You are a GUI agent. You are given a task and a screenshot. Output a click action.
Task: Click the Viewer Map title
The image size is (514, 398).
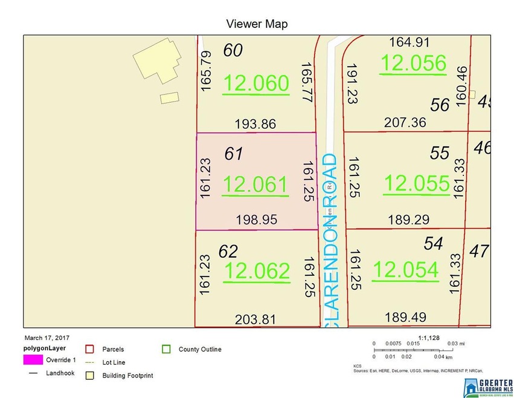(x=257, y=24)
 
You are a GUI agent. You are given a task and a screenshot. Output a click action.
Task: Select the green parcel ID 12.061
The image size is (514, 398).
(x=255, y=184)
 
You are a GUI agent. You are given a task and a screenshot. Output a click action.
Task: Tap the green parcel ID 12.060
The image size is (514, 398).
(x=255, y=84)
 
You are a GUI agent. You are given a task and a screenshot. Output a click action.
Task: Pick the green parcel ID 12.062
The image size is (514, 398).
(x=256, y=272)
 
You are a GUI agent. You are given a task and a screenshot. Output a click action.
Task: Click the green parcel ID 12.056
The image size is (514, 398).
(x=413, y=63)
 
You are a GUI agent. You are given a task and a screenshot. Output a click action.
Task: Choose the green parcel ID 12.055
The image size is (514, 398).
(x=417, y=183)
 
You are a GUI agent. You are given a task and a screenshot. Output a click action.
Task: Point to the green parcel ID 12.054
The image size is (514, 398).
(x=405, y=270)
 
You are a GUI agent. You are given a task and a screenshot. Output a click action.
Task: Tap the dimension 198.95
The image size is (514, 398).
(x=257, y=220)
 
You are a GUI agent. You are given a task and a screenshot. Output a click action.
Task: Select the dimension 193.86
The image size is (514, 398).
(x=255, y=124)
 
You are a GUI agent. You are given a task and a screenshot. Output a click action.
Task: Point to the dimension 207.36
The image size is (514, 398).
(x=405, y=122)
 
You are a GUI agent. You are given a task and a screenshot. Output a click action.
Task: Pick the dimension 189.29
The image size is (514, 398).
(x=405, y=220)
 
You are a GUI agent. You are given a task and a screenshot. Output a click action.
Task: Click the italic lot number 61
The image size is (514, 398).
(x=233, y=154)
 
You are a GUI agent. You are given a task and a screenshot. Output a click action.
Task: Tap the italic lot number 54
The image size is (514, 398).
(x=433, y=243)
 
